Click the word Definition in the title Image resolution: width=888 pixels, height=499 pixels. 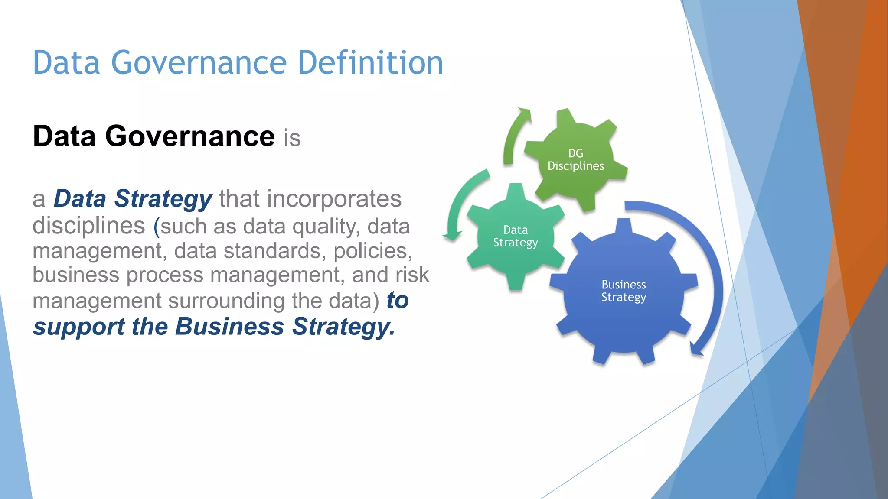coord(370,63)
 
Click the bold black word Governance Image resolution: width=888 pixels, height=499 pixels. coord(189,136)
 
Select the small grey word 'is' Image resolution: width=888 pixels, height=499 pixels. coord(292,139)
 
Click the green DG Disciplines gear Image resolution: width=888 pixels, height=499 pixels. coord(575,160)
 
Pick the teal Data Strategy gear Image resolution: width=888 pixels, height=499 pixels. coord(515,237)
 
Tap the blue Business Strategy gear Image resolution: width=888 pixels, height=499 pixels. coord(624,291)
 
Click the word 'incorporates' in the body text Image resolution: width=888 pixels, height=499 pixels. coord(334,199)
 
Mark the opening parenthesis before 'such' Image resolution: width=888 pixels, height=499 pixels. coord(157,227)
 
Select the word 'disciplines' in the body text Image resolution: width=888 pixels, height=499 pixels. coord(88,226)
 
